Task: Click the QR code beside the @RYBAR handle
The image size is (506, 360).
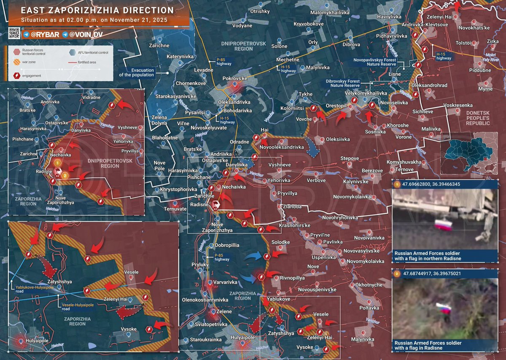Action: coord(14,33)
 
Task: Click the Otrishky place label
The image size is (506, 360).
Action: coord(260,11)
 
